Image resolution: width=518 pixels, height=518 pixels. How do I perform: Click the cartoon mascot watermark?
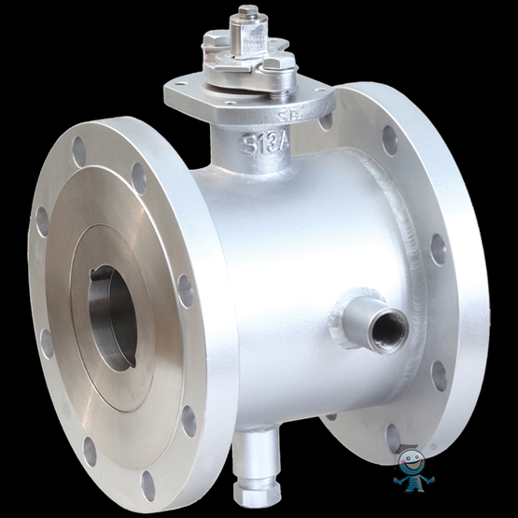click(413, 471)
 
